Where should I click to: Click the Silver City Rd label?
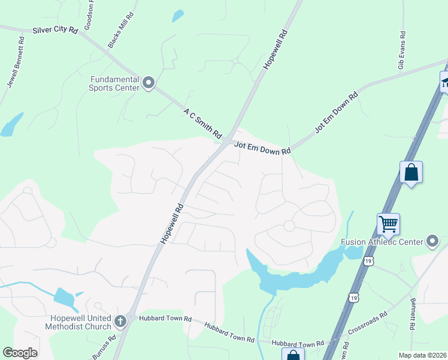56,29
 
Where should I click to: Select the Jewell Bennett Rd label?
15,62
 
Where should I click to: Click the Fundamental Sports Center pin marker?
149,83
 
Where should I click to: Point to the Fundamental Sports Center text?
114,83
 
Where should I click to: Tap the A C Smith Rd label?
203,122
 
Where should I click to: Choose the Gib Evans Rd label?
402,49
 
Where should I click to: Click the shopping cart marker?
389,224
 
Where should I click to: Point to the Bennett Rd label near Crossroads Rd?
413,314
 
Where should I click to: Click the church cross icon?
120,321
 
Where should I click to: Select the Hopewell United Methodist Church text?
78,322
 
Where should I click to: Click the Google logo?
20,353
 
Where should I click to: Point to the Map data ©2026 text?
422,355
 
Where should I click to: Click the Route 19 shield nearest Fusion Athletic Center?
368,260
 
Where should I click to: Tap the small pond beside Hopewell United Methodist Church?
64,297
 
